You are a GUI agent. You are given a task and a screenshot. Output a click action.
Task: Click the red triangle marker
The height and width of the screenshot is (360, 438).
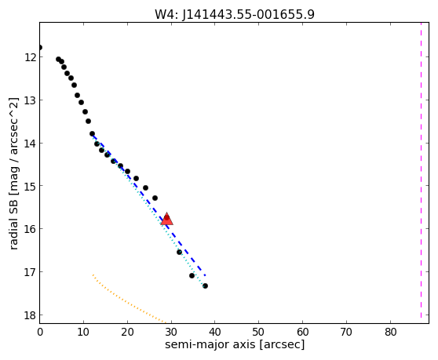pyautogui.click(x=167, y=219)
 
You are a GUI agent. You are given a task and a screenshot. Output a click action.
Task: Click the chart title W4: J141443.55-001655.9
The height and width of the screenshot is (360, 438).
pyautogui.click(x=235, y=14)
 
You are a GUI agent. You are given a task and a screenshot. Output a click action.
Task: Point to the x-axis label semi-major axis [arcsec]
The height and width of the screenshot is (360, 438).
pyautogui.click(x=235, y=344)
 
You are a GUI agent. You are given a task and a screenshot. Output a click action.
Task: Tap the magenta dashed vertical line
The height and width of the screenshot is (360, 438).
pyautogui.click(x=421, y=170)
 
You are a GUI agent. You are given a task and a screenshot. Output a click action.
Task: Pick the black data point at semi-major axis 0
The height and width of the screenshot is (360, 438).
pyautogui.click(x=40, y=47)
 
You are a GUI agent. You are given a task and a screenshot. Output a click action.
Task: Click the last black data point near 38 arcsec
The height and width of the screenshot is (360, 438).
pyautogui.click(x=205, y=285)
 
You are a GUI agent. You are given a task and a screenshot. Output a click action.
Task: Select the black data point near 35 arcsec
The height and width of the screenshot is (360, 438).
pyautogui.click(x=192, y=276)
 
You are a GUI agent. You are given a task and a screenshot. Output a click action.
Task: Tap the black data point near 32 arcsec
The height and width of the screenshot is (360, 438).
pyautogui.click(x=179, y=253)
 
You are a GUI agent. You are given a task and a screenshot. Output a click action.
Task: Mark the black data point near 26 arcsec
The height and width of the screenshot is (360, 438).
pyautogui.click(x=155, y=198)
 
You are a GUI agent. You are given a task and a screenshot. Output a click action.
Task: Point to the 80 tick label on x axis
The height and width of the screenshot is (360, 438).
pyautogui.click(x=391, y=332)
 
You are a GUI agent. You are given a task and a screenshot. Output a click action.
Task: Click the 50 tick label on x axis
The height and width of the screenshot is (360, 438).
pyautogui.click(x=258, y=332)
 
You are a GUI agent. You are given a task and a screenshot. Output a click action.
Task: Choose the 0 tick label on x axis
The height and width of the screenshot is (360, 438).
pyautogui.click(x=40, y=332)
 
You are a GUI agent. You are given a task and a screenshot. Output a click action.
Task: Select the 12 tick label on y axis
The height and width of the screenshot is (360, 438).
pyautogui.click(x=30, y=57)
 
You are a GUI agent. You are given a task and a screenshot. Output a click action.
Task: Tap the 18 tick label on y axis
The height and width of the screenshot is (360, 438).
pyautogui.click(x=30, y=315)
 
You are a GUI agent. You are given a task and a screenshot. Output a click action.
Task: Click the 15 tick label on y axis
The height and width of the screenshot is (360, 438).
pyautogui.click(x=30, y=186)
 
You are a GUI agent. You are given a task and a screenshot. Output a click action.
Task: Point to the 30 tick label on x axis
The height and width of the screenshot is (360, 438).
pyautogui.click(x=171, y=332)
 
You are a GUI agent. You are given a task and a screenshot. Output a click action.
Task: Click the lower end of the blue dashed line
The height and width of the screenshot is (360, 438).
pyautogui.click(x=206, y=276)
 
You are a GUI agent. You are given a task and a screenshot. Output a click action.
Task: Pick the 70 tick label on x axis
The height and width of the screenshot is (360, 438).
pyautogui.click(x=346, y=332)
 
